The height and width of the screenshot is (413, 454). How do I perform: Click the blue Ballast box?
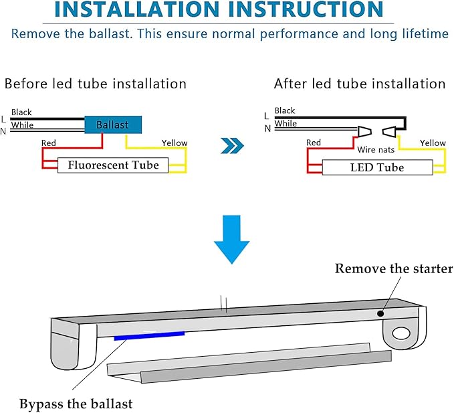tap(112, 125)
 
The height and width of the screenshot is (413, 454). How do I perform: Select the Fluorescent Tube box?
tap(113, 165)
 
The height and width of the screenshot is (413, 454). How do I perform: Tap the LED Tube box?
tap(377, 167)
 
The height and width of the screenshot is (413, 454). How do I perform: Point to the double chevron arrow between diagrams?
tap(231, 145)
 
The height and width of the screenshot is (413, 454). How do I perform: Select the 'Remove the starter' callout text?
tap(394, 269)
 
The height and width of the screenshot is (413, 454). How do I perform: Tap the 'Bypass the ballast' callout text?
tap(76, 404)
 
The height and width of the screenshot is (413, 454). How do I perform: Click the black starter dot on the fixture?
tap(380, 313)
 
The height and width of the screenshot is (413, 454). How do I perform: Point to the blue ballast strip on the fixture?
tap(149, 335)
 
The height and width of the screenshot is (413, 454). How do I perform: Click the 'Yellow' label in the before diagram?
tap(175, 143)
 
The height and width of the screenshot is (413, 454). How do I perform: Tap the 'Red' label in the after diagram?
tap(314, 143)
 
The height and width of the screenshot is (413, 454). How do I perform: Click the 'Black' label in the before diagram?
tap(21, 112)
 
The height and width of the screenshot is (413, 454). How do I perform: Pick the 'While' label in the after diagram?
tap(286, 123)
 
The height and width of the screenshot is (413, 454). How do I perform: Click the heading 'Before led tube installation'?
tap(96, 84)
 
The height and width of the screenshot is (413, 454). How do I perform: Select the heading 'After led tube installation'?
tap(360, 84)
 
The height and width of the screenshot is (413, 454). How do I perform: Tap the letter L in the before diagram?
tap(4, 119)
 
